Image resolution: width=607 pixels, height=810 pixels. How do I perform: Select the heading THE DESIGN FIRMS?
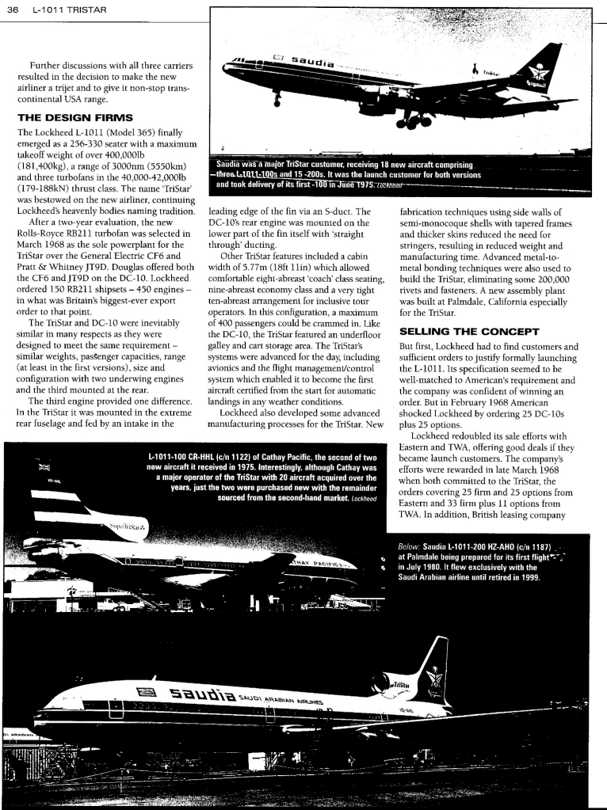[x=69, y=117]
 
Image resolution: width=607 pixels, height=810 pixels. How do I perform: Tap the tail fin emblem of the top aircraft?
[x=545, y=76]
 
